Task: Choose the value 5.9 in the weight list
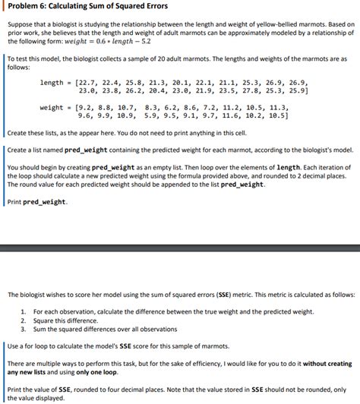tap(151, 116)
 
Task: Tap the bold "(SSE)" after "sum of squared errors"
tap(230, 294)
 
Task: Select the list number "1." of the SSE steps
tap(24, 311)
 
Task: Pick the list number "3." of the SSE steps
tap(24, 328)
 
